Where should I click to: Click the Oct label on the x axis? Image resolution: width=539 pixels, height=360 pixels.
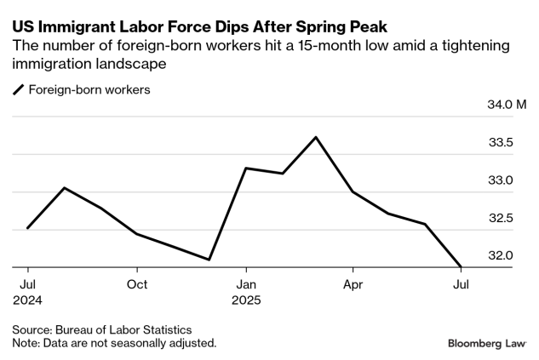[137, 284]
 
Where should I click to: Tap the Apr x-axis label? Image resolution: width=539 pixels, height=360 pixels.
[353, 284]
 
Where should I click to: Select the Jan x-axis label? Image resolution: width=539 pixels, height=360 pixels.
[245, 284]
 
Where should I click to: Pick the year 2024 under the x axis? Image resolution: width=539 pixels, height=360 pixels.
[28, 300]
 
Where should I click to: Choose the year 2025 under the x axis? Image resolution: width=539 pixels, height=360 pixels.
[247, 300]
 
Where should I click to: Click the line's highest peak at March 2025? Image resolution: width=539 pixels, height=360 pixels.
[317, 137]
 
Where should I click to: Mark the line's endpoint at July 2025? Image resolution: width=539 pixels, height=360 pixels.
[461, 267]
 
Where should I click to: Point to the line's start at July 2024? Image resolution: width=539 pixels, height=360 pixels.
[28, 228]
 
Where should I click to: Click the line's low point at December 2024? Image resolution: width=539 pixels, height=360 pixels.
[209, 260]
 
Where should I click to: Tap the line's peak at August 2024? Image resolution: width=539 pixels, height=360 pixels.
[65, 187]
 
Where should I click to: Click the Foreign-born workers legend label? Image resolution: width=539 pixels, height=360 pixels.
[89, 89]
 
